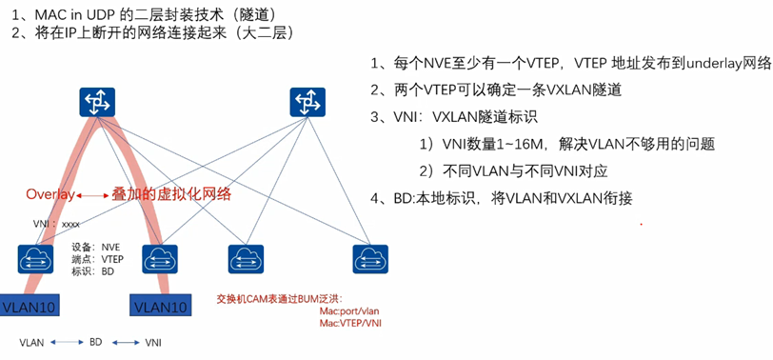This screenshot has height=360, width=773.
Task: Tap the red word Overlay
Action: point(50,194)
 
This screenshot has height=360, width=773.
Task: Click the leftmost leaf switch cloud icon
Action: point(35,257)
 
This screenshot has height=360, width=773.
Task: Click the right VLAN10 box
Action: point(159,307)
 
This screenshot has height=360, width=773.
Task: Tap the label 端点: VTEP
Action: point(98,258)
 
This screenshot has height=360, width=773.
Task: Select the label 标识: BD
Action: point(92,271)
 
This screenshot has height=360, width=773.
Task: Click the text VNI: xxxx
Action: point(57,224)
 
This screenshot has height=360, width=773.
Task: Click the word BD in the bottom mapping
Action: point(95,341)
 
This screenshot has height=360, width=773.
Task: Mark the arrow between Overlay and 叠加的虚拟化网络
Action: point(91,194)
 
